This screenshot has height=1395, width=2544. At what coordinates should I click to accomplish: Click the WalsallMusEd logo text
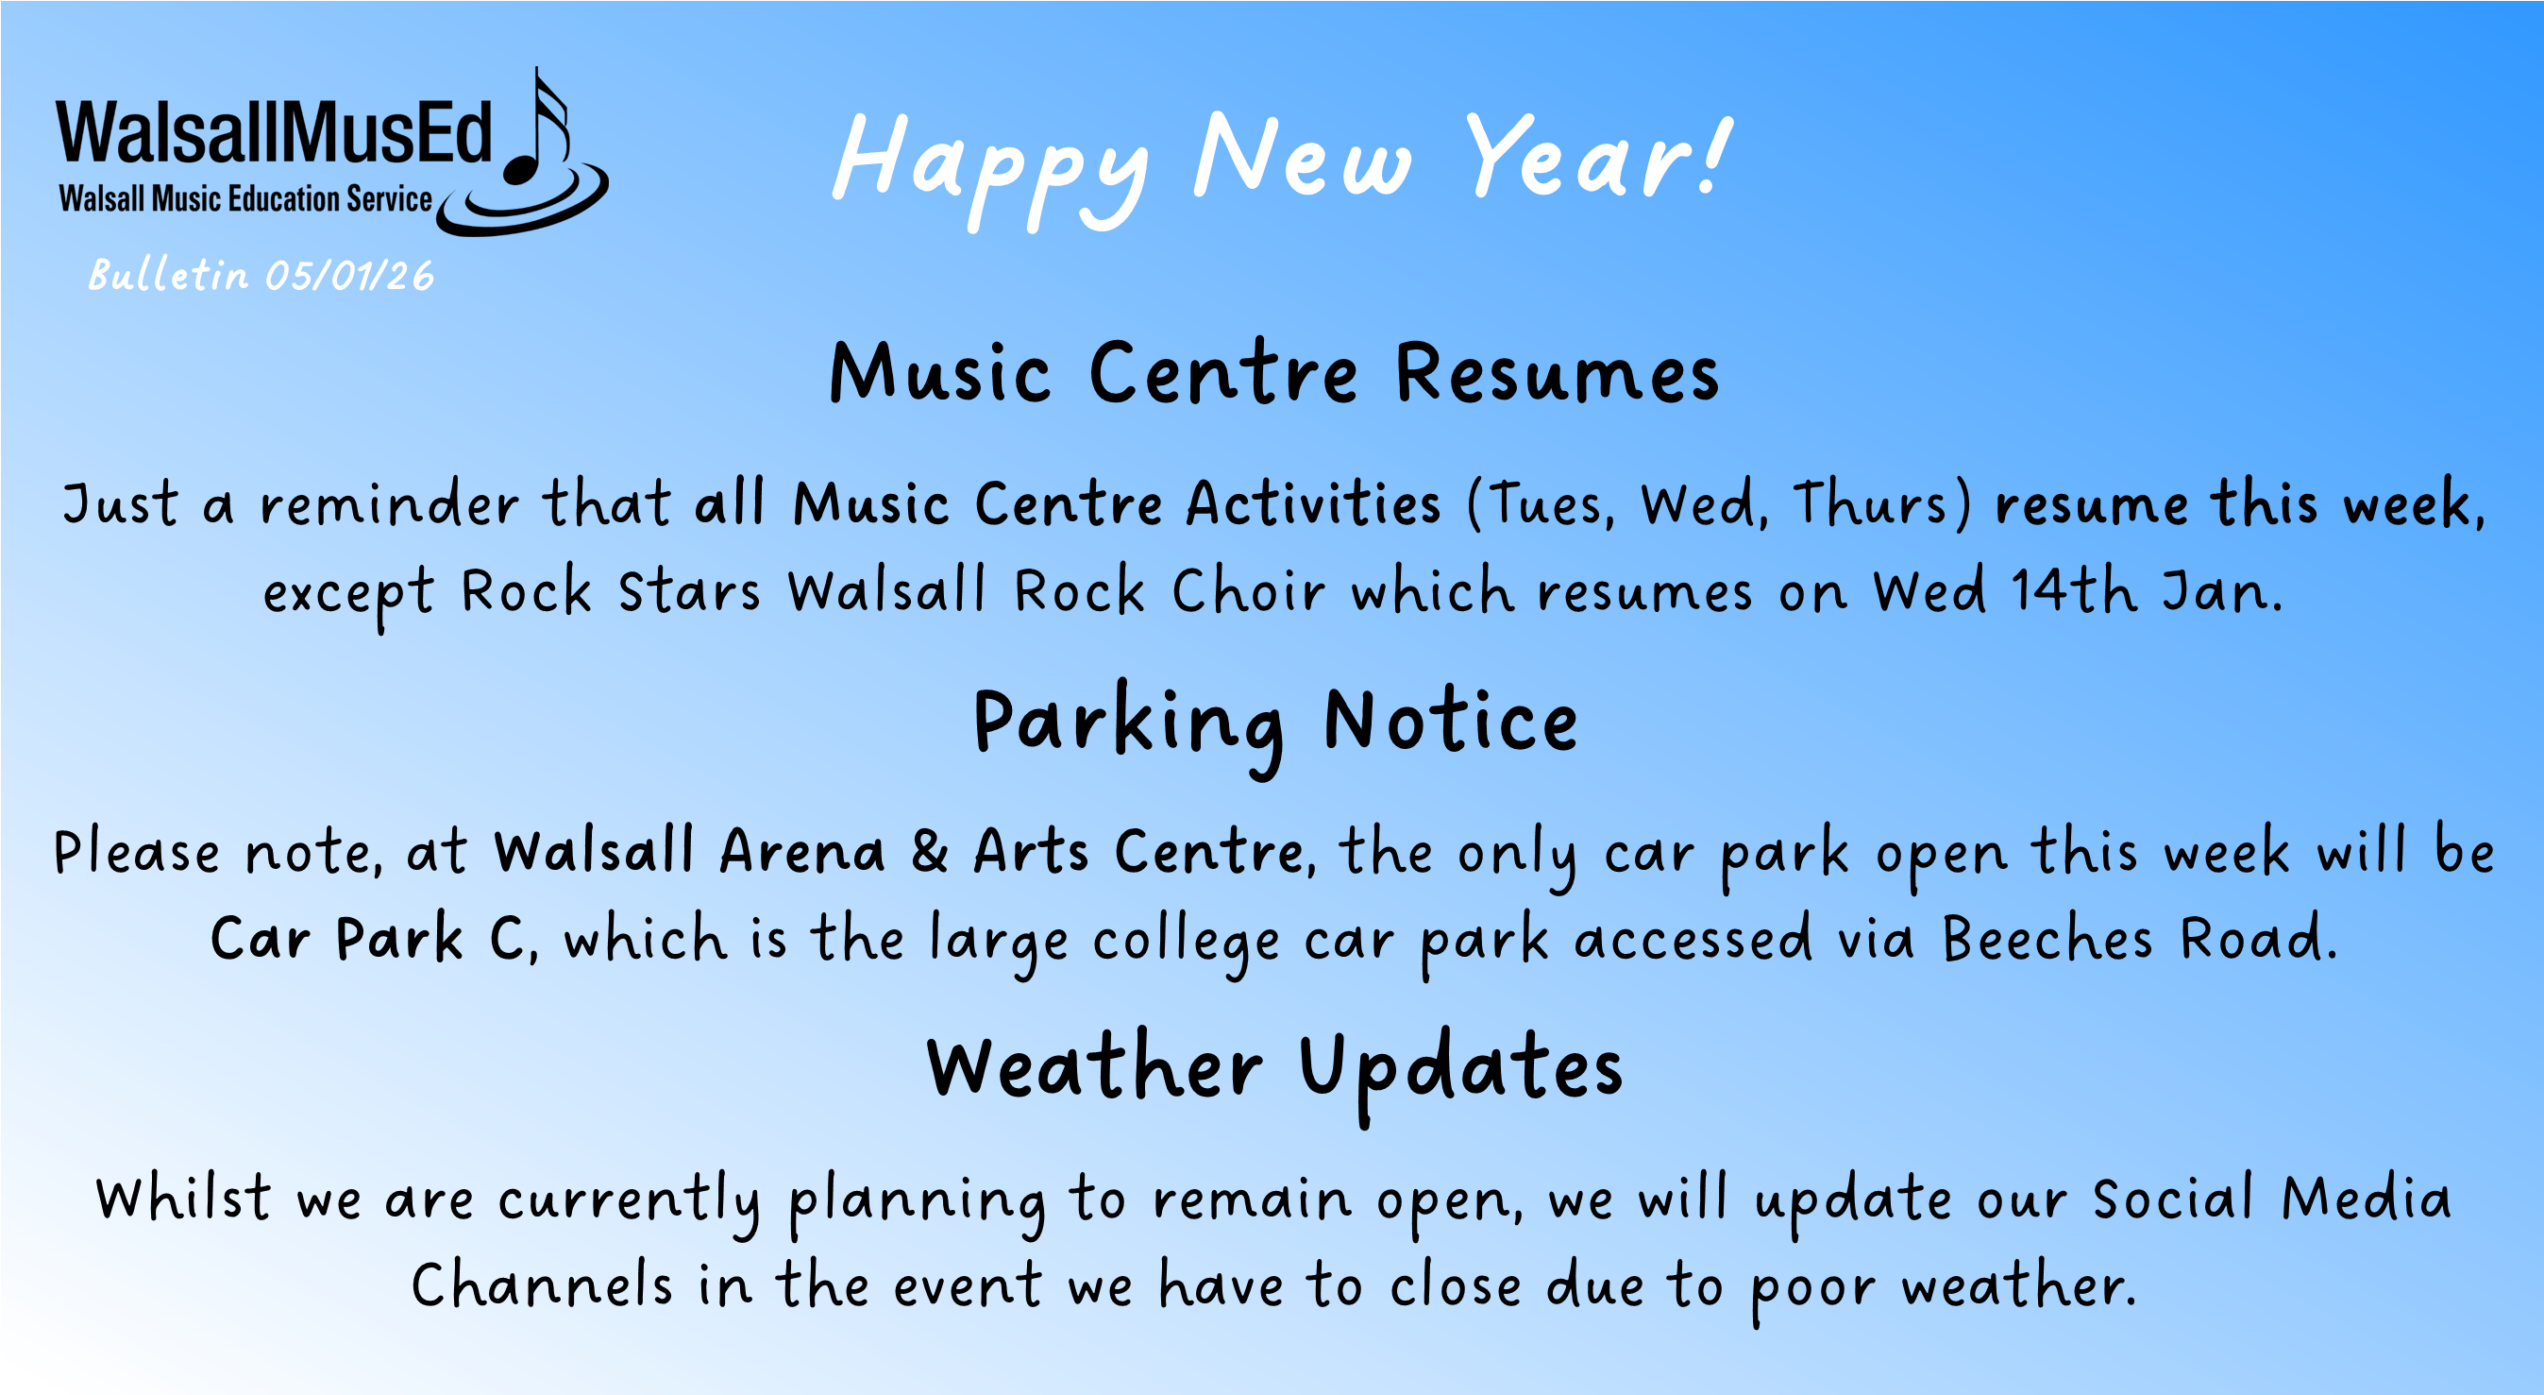(x=274, y=132)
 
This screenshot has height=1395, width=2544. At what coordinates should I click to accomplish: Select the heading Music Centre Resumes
(x=1274, y=373)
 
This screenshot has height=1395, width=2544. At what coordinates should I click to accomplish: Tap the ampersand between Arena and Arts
(x=928, y=852)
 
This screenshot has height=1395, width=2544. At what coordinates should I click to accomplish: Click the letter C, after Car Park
(x=513, y=939)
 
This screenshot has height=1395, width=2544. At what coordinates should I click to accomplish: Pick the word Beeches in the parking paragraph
(x=2047, y=939)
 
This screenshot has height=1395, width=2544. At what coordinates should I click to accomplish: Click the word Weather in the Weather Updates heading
(x=1094, y=1069)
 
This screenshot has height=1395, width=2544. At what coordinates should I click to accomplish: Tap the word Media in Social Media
(x=2367, y=1199)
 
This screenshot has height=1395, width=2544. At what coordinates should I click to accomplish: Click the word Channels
(x=541, y=1285)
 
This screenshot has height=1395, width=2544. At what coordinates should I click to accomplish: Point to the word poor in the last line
(x=1812, y=1287)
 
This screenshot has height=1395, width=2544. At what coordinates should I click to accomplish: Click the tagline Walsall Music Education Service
(x=244, y=198)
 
